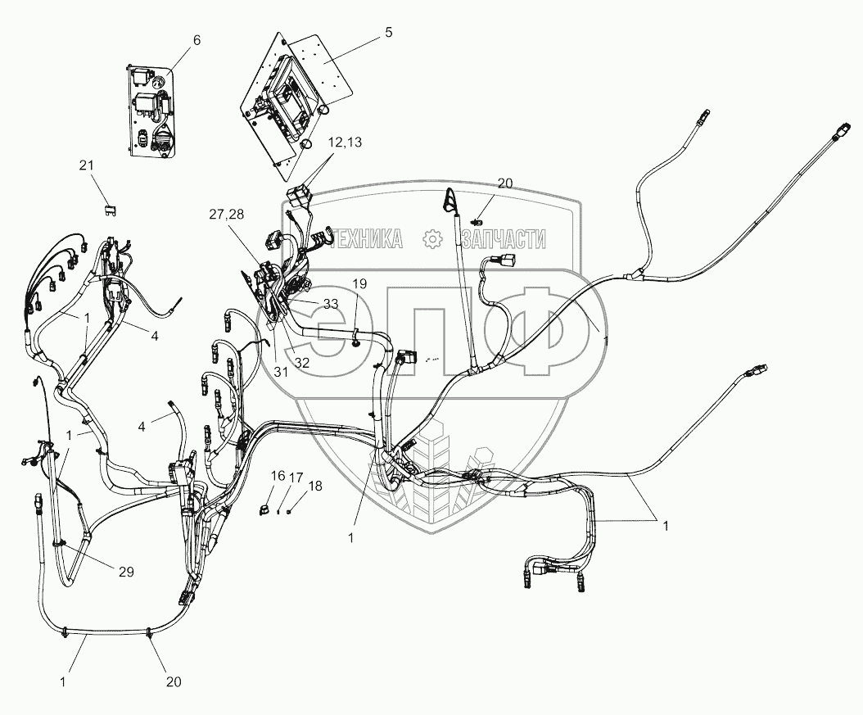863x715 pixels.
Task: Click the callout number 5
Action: [x=388, y=32]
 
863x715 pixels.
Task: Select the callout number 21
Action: [x=87, y=166]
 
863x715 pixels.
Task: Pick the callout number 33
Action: [x=330, y=303]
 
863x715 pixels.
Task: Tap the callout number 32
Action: [x=301, y=363]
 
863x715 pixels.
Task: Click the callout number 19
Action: [x=360, y=283]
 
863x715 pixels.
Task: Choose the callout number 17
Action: [x=296, y=477]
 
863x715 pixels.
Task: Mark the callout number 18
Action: [x=315, y=486]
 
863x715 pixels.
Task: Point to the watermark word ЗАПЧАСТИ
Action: [x=503, y=239]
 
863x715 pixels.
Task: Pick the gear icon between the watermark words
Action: [x=431, y=238]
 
